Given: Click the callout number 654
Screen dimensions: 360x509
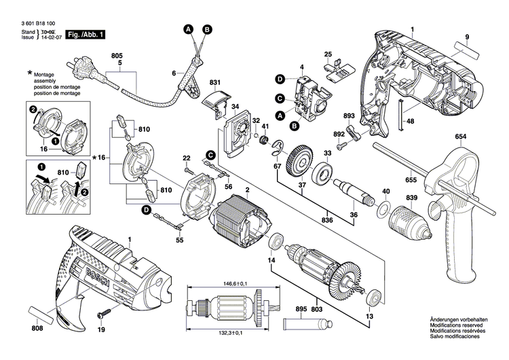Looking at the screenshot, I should [x=461, y=137].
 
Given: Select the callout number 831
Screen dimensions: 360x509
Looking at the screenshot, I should [x=215, y=84].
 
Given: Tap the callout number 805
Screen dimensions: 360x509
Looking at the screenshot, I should [x=117, y=55].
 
